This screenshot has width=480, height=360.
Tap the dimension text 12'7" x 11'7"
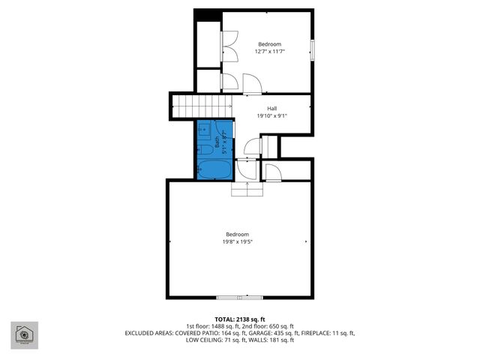tap(270, 52)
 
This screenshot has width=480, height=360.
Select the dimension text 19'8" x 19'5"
tap(237, 241)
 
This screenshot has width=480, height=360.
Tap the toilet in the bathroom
tap(205, 151)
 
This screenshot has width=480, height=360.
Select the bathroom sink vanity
tap(204, 130)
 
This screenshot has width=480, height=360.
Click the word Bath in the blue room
tap(218, 139)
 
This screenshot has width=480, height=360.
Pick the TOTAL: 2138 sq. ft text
tap(239, 319)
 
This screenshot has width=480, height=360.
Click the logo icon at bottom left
tap(24, 335)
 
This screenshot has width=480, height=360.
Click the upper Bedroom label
tap(270, 44)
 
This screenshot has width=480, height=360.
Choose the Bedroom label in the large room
tap(237, 234)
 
